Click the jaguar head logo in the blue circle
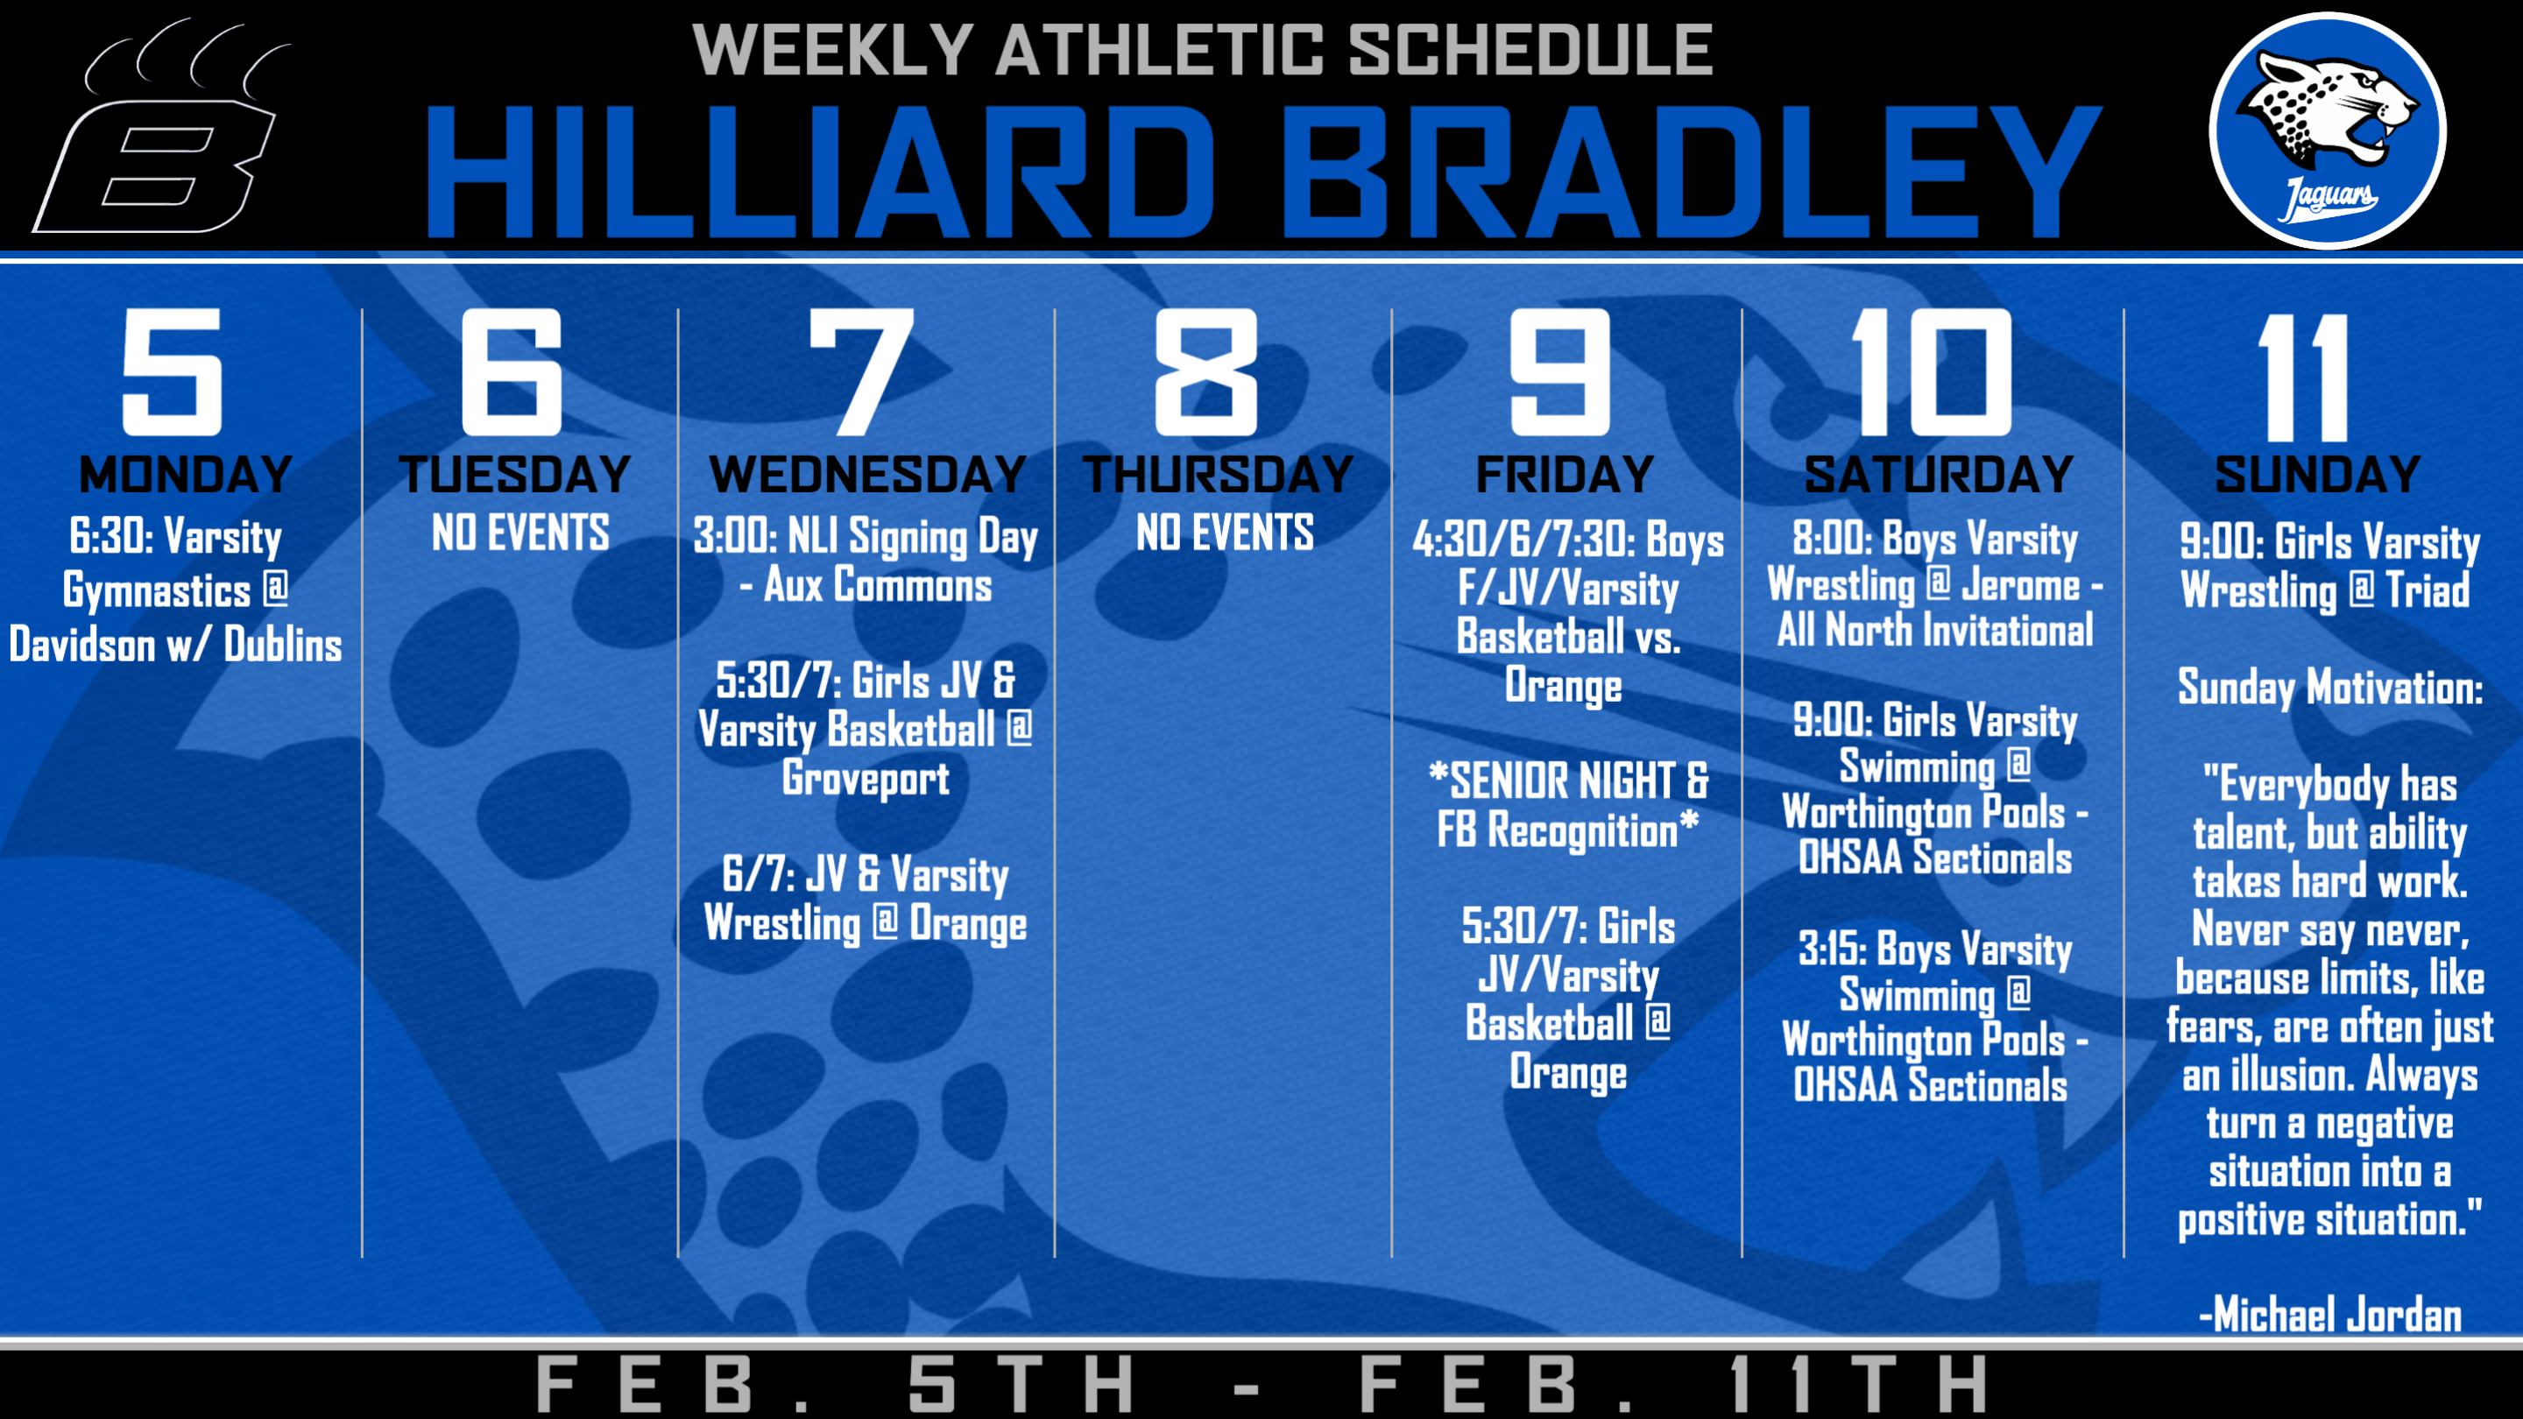click(x=2327, y=131)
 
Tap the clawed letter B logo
click(x=161, y=127)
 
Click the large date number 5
click(x=173, y=372)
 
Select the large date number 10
click(x=1931, y=372)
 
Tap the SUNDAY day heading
click(x=2317, y=475)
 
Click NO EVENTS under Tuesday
click(x=520, y=533)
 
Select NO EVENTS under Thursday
click(x=1225, y=533)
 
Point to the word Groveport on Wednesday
click(x=866, y=780)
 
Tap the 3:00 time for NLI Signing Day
click(x=735, y=536)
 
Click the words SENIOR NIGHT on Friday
click(x=1564, y=781)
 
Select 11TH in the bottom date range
click(x=1857, y=1385)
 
